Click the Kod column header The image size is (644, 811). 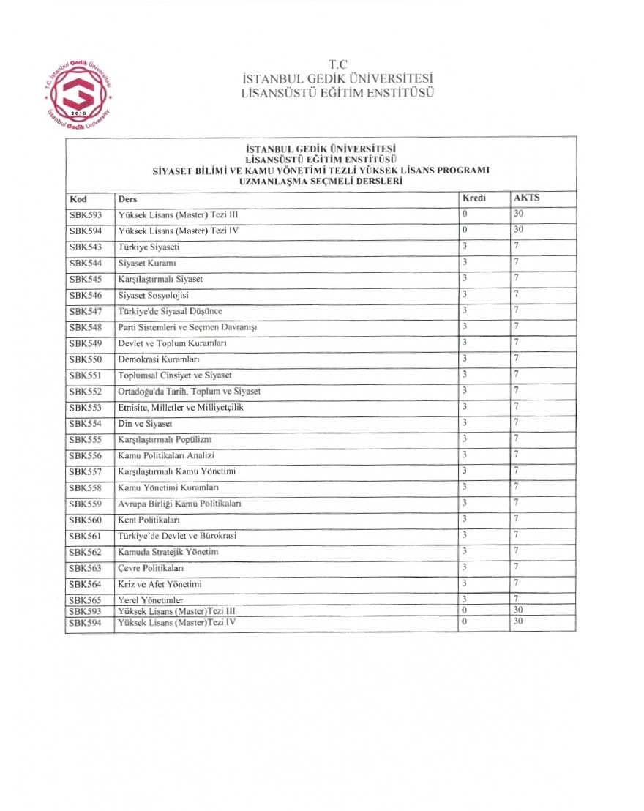78,199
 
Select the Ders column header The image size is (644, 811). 127,199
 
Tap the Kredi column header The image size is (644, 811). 474,198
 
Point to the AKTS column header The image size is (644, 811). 527,198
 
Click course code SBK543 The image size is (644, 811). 85,247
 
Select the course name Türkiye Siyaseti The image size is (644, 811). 149,247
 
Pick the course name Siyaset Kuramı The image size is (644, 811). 146,264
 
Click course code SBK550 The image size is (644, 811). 85,359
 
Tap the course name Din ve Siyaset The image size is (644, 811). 145,424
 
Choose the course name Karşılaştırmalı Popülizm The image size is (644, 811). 165,440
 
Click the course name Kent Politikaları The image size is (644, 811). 149,520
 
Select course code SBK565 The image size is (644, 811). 85,600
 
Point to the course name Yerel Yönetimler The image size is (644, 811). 151,600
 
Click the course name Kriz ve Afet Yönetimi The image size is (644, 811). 160,585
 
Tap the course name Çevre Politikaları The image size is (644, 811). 151,569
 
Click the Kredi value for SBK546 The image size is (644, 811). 465,294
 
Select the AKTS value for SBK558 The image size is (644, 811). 517,487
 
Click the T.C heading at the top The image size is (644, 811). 337,64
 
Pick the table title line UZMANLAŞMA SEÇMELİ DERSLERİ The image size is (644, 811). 320,181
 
